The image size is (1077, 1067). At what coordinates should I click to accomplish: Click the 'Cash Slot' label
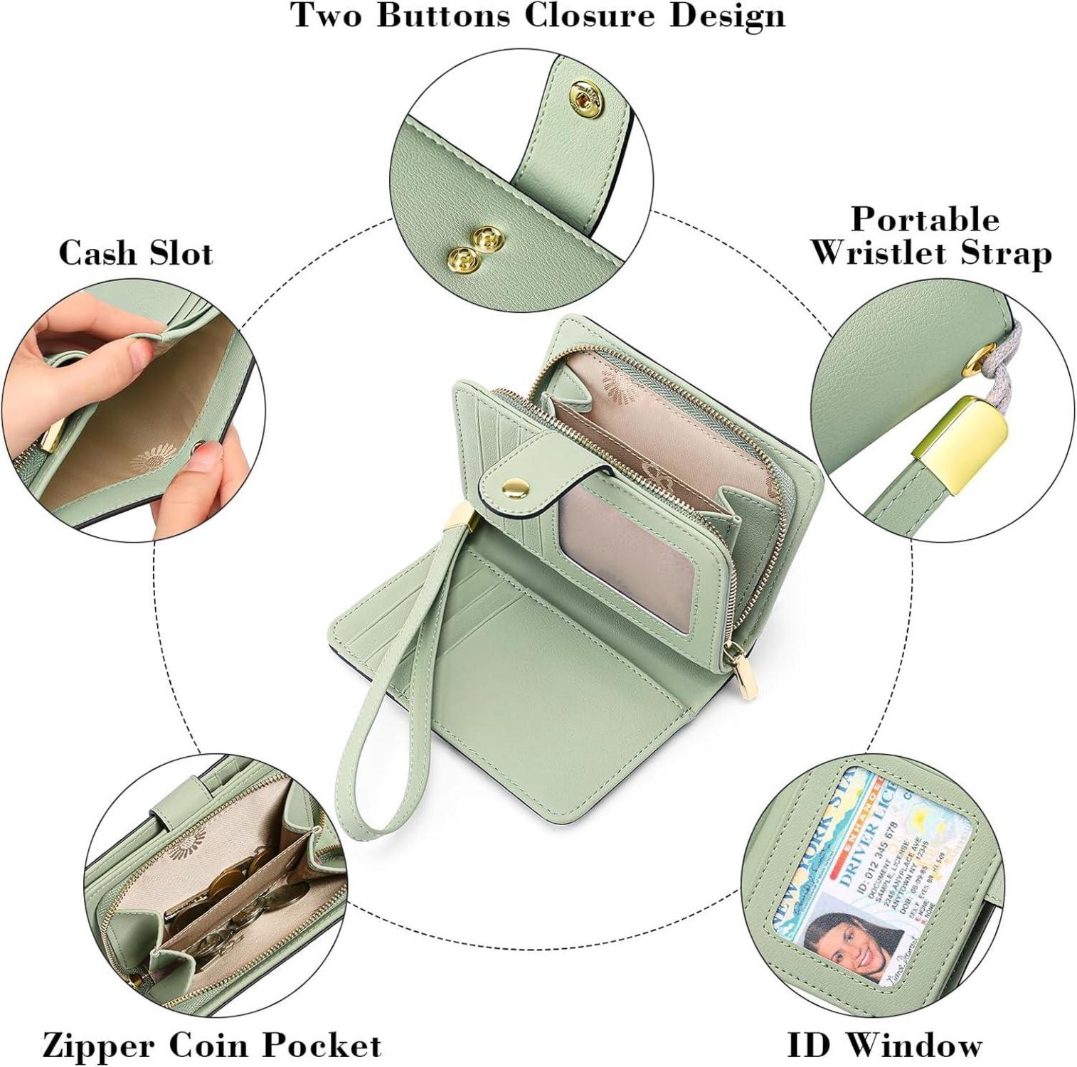click(136, 254)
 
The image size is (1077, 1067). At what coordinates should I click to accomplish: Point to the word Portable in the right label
click(925, 219)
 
